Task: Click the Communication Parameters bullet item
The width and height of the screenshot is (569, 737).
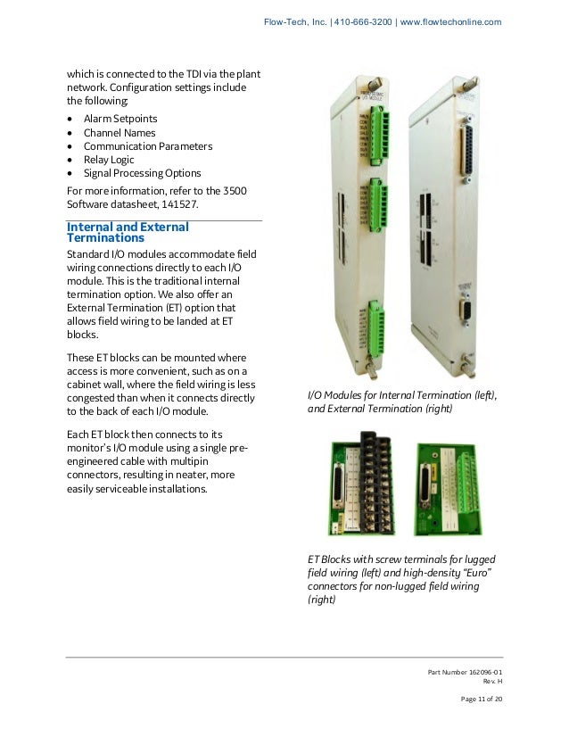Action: click(x=147, y=145)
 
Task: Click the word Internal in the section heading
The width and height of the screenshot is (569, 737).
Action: click(x=97, y=227)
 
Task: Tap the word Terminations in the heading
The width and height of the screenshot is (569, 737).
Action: click(x=106, y=239)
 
